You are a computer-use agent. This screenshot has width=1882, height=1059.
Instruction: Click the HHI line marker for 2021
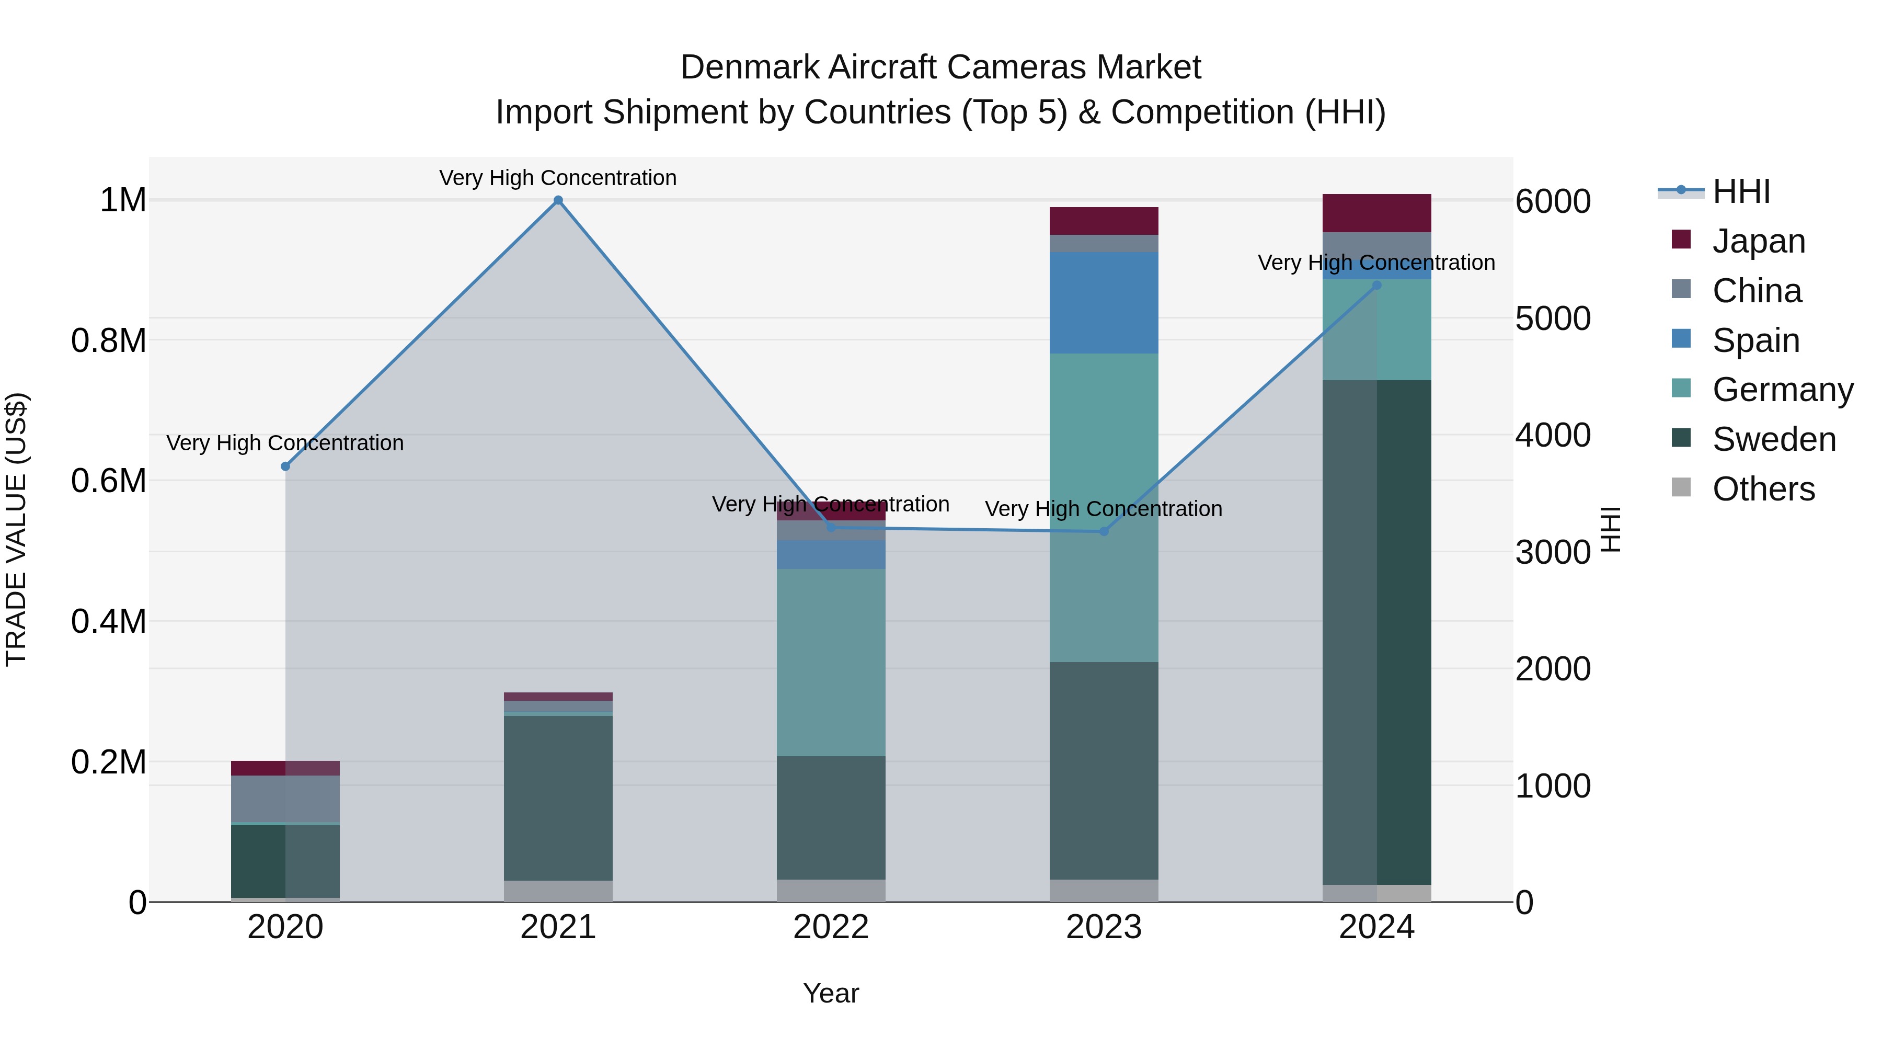[x=558, y=200]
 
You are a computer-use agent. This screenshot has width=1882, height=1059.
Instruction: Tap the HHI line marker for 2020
[x=285, y=466]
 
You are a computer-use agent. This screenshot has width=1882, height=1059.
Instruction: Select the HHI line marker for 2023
[x=1104, y=531]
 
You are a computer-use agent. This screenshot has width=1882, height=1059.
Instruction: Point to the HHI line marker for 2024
[x=1377, y=285]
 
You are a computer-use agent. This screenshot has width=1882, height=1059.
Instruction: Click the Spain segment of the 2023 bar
[x=1104, y=303]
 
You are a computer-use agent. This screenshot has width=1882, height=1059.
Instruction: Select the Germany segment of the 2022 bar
[x=831, y=662]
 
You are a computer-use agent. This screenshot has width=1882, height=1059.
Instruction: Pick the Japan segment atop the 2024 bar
[x=1377, y=213]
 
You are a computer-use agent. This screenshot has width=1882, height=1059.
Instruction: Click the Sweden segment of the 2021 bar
[x=558, y=798]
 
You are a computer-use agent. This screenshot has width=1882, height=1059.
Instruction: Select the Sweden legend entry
[x=1773, y=440]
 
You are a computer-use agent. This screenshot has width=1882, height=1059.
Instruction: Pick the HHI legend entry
[x=1741, y=191]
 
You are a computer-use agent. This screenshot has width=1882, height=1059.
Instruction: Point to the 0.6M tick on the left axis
[x=109, y=481]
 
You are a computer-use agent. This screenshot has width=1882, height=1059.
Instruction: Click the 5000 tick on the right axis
[x=1553, y=318]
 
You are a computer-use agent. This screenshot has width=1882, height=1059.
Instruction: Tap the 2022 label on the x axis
[x=831, y=927]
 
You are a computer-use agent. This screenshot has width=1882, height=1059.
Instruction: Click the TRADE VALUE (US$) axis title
[x=16, y=529]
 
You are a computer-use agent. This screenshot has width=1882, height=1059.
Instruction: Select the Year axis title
[x=831, y=993]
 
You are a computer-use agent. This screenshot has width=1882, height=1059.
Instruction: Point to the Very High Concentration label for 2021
[x=558, y=178]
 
